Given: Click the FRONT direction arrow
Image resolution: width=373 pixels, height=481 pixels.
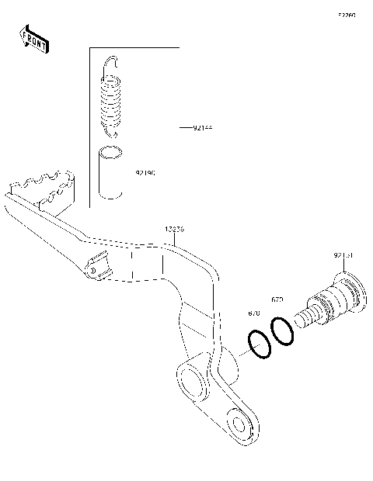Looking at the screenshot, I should click(x=33, y=39).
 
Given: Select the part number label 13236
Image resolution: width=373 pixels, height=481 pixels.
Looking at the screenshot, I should click(x=175, y=230).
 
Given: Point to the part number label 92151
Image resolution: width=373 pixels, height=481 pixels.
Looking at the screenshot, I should click(x=343, y=254).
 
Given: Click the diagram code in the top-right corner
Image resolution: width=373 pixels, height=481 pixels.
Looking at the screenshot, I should click(x=347, y=15).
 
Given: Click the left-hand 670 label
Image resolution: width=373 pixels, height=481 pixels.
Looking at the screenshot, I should click(x=254, y=313).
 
